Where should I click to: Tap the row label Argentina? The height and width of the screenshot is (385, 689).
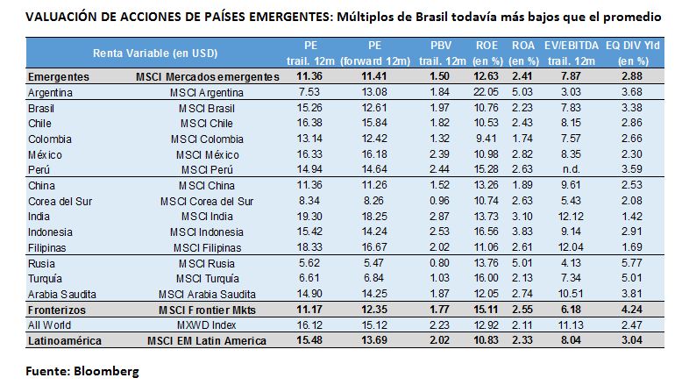click(x=50, y=91)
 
